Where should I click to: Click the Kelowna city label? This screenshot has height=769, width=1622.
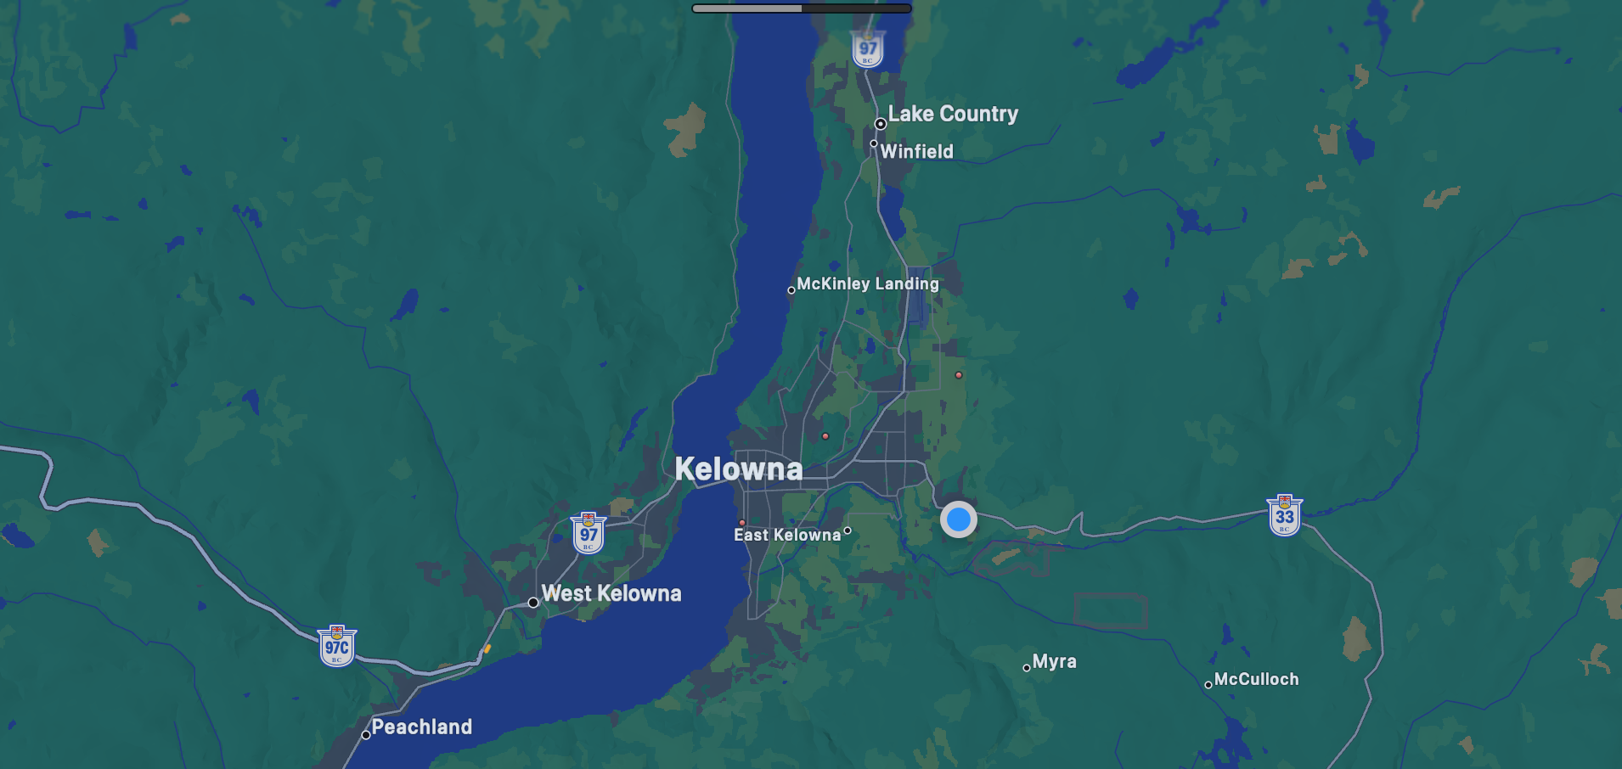tap(738, 469)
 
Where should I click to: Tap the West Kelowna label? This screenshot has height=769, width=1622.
tap(611, 593)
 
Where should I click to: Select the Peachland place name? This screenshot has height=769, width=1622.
tap(421, 727)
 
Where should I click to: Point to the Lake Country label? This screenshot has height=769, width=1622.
tap(953, 114)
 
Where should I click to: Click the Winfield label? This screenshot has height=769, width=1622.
tap(916, 151)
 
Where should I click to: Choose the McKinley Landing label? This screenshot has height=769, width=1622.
tap(868, 283)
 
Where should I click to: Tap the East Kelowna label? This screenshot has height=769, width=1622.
tap(787, 535)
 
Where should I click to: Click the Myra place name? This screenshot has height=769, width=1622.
tap(1055, 661)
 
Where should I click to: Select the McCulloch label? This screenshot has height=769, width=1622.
tap(1256, 679)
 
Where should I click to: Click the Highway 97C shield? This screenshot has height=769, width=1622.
tap(337, 647)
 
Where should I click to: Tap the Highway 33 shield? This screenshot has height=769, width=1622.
tap(1285, 515)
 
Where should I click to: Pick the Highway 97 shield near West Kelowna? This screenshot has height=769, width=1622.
tap(589, 533)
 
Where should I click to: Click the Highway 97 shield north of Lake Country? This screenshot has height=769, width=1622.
tap(868, 49)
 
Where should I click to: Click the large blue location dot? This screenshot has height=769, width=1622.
tap(959, 519)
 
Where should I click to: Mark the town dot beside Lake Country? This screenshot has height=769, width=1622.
tap(881, 124)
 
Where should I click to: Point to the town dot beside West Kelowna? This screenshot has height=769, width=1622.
tap(533, 603)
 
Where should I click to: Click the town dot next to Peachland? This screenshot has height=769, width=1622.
tap(366, 735)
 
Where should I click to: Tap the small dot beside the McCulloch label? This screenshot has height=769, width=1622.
tap(1208, 685)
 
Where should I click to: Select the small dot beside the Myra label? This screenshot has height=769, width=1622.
tap(1027, 668)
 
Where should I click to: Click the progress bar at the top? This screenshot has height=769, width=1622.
tap(802, 8)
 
